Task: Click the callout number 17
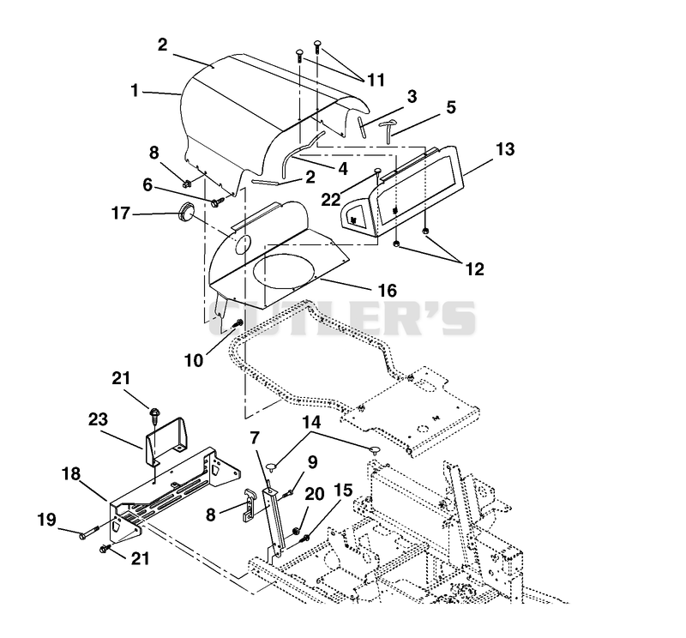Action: [121, 214]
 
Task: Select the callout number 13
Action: [506, 148]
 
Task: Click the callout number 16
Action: [388, 290]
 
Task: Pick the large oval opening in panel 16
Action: [284, 272]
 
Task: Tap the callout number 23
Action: [98, 419]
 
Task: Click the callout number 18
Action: [71, 473]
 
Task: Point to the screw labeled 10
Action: [238, 324]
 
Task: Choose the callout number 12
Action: [475, 268]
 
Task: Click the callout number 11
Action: [376, 80]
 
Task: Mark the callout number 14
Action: [311, 422]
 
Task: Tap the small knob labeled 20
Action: [295, 531]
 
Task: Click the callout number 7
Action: [255, 437]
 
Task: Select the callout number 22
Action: [331, 200]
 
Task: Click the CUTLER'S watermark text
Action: [342, 318]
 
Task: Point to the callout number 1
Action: [135, 91]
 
